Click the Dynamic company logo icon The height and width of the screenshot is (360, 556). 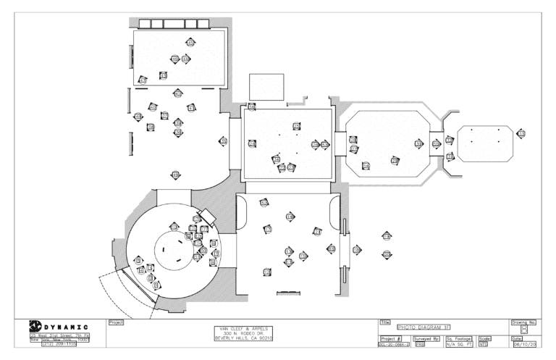coord(33,327)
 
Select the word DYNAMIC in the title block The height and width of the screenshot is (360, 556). coord(67,327)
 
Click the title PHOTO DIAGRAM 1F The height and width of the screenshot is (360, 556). coord(431,327)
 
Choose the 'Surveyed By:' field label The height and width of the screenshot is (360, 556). coord(426,338)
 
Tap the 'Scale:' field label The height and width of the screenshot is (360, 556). coord(485,338)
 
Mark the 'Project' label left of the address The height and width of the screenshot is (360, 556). coord(116,321)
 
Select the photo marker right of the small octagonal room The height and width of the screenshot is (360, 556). coord(521,134)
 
